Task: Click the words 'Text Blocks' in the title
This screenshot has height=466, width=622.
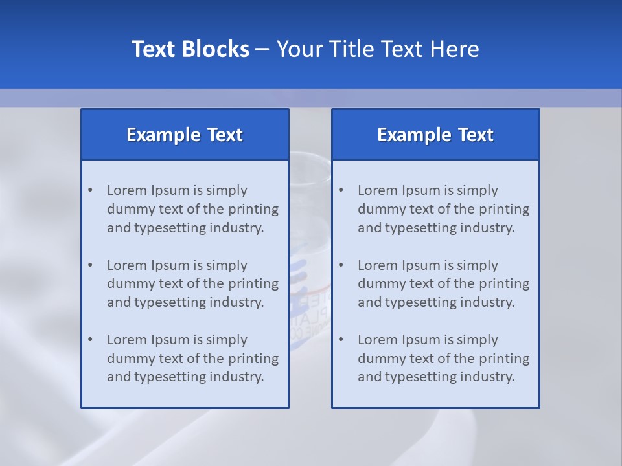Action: [x=190, y=49]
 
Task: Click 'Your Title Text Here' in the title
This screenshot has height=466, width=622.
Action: [x=378, y=49]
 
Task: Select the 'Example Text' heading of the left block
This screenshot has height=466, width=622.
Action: [x=185, y=135]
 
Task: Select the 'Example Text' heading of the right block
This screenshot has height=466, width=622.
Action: [x=435, y=135]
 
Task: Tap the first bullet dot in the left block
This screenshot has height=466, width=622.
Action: [x=91, y=190]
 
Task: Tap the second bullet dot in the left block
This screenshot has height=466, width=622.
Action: [x=91, y=265]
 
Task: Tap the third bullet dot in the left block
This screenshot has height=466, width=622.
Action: [x=91, y=340]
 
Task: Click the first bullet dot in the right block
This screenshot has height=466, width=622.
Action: [x=341, y=190]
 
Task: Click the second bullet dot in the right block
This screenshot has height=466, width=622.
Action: [x=341, y=265]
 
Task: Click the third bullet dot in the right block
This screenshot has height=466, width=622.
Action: [x=341, y=340]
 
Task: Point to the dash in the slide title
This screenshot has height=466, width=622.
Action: [x=262, y=49]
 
